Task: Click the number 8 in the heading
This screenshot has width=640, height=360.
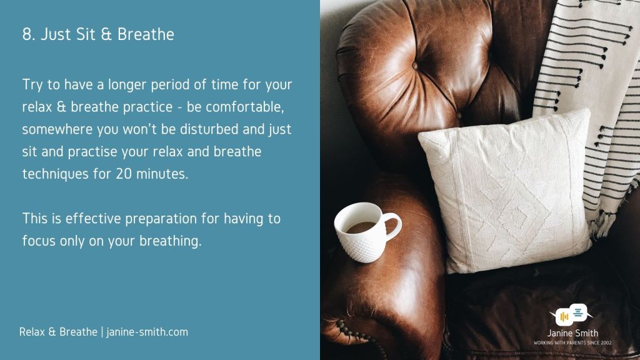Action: click(27, 34)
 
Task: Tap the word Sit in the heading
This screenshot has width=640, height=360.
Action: click(85, 34)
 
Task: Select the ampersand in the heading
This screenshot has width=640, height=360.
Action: click(106, 34)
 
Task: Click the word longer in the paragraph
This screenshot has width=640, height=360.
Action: click(127, 85)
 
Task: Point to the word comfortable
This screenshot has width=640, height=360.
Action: click(244, 107)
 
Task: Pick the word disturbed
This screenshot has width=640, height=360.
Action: click(209, 129)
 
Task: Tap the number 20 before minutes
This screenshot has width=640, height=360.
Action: click(124, 174)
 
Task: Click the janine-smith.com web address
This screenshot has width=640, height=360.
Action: click(147, 332)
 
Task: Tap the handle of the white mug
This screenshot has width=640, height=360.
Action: click(392, 226)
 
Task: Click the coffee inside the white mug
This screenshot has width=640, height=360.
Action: click(361, 227)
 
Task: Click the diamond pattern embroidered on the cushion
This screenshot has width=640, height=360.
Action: click(519, 212)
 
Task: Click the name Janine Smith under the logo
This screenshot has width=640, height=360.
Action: click(572, 333)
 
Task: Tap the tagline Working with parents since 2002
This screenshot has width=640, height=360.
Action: click(572, 343)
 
